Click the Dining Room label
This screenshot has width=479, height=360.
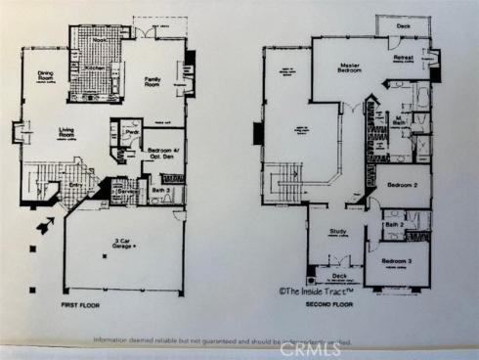(45, 75)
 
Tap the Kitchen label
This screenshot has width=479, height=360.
(94, 67)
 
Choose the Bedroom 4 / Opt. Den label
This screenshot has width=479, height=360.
(161, 154)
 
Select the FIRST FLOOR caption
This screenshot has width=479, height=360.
(84, 305)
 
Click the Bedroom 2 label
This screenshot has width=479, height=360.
(403, 184)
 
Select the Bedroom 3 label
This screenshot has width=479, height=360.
(397, 262)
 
